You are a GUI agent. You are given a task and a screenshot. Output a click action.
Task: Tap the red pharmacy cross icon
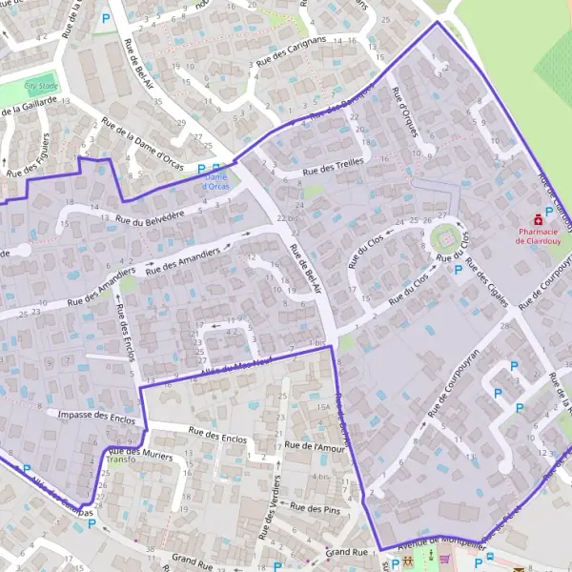(538, 218)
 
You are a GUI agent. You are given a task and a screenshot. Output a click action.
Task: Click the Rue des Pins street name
(315, 509)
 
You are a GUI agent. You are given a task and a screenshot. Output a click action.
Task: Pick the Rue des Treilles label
(334, 167)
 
